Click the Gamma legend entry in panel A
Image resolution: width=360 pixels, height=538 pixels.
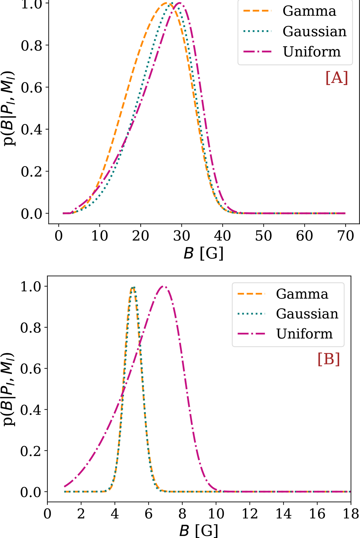(x=309, y=11)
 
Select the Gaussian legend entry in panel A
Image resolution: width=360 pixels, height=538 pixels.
(x=314, y=31)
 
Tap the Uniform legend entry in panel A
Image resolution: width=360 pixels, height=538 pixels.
(x=312, y=52)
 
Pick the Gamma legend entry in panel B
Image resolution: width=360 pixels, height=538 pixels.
(x=302, y=294)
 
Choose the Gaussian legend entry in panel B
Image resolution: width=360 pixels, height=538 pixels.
(x=307, y=314)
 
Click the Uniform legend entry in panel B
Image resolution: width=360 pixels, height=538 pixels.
(x=304, y=334)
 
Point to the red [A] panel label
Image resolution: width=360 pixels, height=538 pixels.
(x=337, y=78)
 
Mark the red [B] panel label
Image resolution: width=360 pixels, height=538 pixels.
(x=328, y=359)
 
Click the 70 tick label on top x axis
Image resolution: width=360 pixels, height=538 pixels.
(x=346, y=236)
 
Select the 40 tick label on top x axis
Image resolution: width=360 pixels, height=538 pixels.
(x=222, y=236)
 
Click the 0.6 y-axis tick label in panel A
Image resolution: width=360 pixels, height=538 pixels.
(x=31, y=88)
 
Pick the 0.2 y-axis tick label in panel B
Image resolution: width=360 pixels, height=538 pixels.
(x=30, y=451)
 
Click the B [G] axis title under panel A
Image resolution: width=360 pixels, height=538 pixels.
(x=204, y=254)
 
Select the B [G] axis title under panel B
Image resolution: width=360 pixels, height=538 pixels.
(x=199, y=531)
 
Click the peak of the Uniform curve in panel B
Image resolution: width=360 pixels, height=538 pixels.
(x=163, y=286)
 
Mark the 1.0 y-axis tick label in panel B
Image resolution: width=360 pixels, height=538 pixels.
(x=30, y=287)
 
